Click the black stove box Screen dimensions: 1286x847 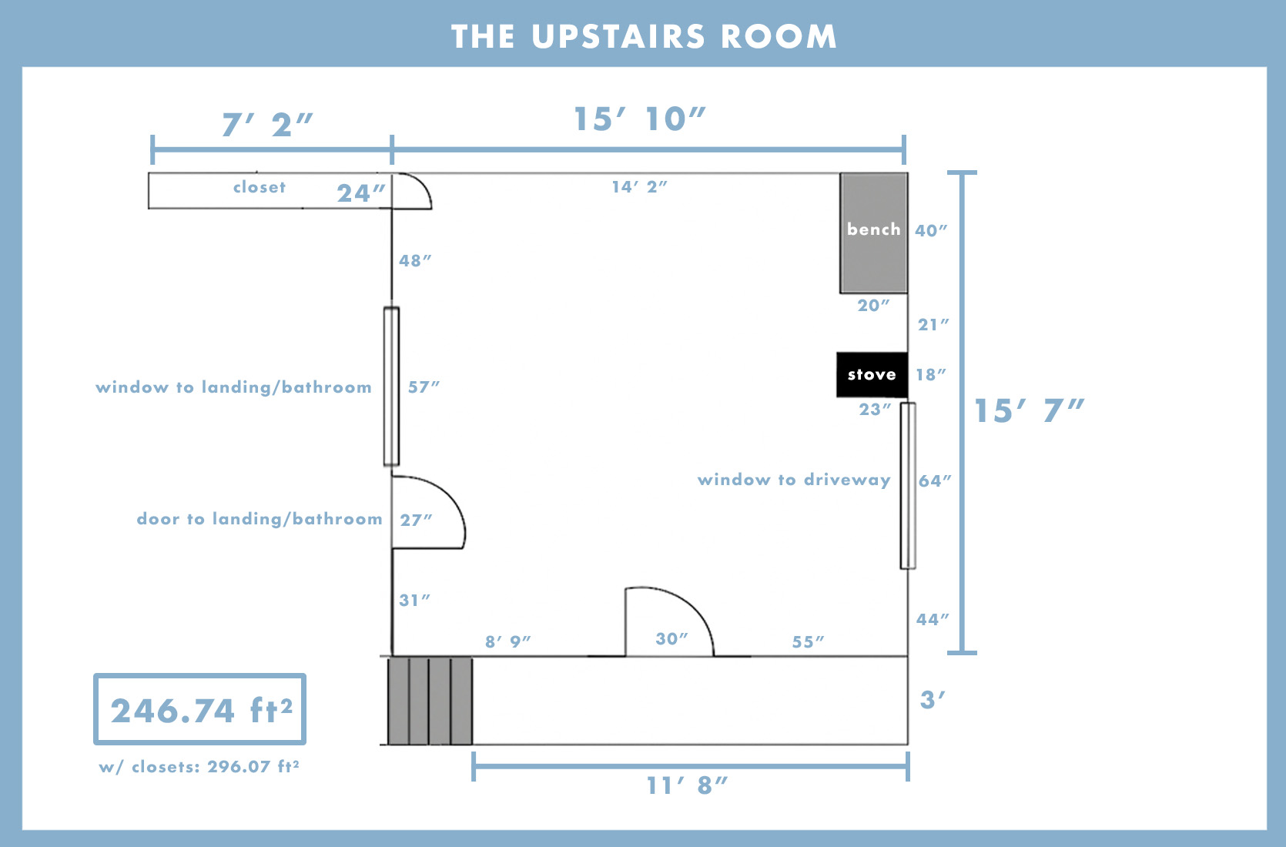(x=872, y=374)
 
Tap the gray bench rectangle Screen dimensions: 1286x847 (x=874, y=233)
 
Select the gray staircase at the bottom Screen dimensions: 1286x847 (x=430, y=701)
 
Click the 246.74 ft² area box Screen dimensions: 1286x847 (x=199, y=709)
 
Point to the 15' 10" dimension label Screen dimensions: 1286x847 (x=640, y=119)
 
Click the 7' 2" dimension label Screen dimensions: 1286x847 (x=267, y=125)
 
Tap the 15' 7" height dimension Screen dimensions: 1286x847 (x=1030, y=410)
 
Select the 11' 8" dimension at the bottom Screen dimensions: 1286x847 (x=687, y=785)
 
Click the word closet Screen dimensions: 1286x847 (x=259, y=187)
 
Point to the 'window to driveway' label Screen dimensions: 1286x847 (x=794, y=480)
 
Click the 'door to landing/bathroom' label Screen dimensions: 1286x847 (x=260, y=519)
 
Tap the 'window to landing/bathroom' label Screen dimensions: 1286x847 (x=233, y=387)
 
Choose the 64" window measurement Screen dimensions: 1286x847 (x=935, y=480)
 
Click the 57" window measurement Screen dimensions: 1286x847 (x=424, y=387)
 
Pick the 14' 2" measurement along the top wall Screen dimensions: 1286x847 (x=640, y=186)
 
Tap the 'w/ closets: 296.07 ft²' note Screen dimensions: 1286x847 (x=199, y=767)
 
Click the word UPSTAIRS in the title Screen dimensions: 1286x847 (x=618, y=37)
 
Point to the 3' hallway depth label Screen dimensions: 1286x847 (x=933, y=700)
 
